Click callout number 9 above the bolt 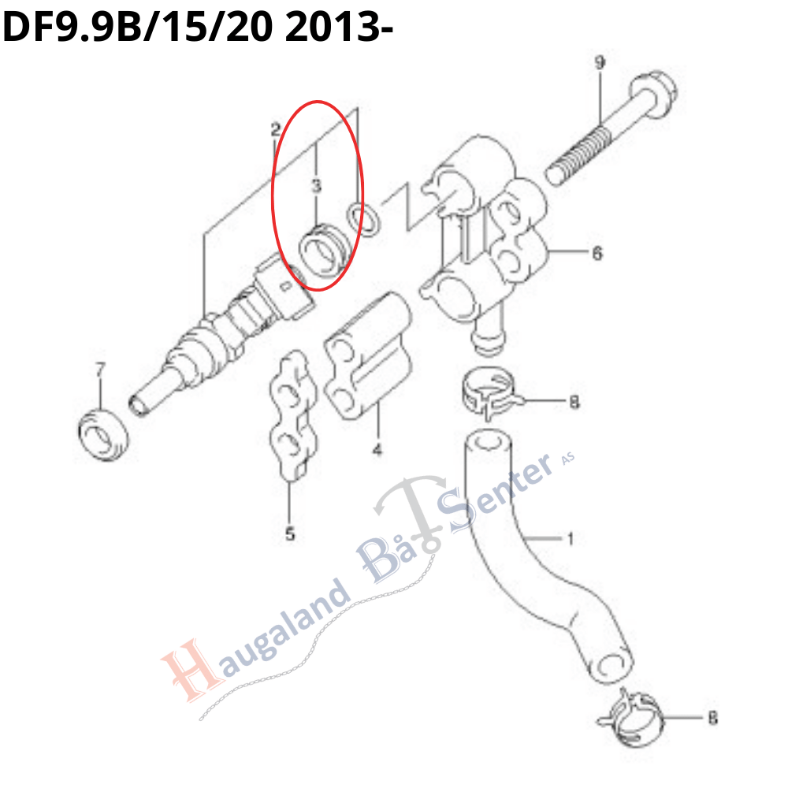point(600,63)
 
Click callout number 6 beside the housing point(597,253)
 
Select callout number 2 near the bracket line point(275,130)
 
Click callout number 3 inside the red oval point(316,186)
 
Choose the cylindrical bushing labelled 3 point(324,251)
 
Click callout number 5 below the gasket point(290,533)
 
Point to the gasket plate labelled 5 point(293,415)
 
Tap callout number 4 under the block point(377,449)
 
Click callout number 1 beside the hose point(571,539)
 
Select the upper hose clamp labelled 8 point(491,393)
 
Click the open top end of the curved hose point(485,442)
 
